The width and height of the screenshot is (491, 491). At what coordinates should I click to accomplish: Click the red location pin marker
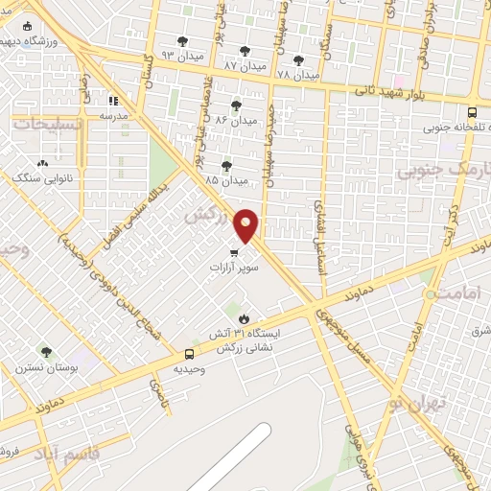[246, 225]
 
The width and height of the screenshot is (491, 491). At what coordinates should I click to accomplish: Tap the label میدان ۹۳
[182, 55]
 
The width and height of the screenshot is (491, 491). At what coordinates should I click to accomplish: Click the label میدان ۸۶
[236, 121]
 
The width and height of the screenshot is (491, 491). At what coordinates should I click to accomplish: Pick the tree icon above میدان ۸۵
[226, 166]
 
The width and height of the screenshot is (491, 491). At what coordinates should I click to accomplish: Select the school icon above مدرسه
[112, 99]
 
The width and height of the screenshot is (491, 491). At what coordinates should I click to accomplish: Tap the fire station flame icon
[244, 318]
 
